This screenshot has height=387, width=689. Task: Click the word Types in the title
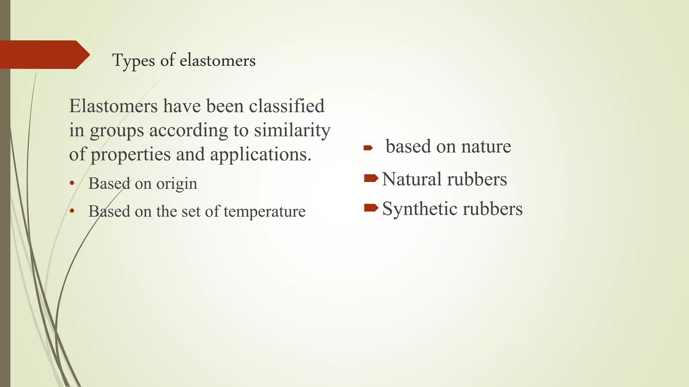(134, 61)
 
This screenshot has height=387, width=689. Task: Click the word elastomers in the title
(217, 61)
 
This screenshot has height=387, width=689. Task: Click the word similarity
(292, 130)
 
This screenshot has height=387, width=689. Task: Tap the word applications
(261, 155)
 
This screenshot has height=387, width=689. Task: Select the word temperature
(264, 212)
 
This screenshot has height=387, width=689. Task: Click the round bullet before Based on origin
(71, 184)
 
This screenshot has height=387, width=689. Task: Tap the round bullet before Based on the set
(71, 212)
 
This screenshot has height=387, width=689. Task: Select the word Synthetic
(419, 209)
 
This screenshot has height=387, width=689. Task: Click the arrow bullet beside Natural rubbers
(371, 178)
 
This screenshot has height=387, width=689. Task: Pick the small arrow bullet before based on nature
(368, 148)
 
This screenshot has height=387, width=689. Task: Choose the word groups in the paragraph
(117, 130)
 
